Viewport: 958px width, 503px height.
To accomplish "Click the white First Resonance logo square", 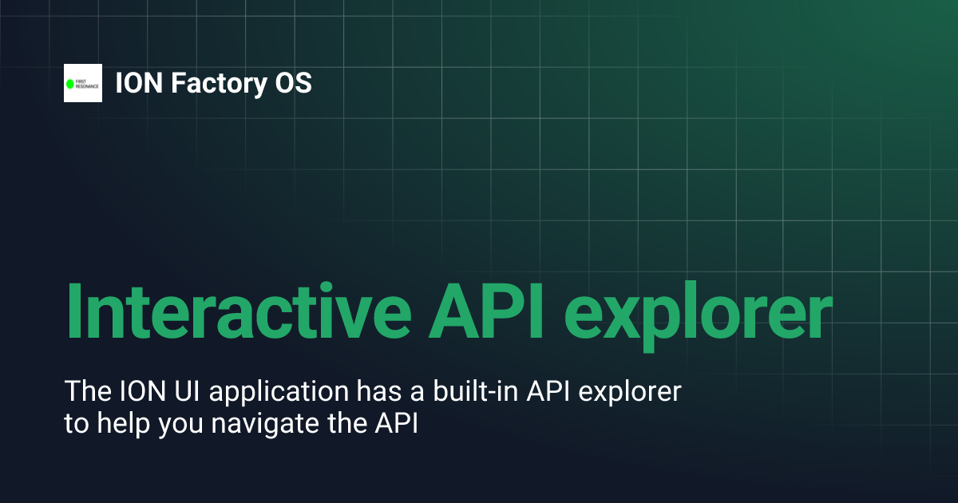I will point(83,83).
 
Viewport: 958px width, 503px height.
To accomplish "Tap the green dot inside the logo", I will point(69,83).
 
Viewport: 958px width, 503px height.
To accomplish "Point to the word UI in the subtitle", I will point(182,392).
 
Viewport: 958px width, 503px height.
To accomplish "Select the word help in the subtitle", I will point(124,423).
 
